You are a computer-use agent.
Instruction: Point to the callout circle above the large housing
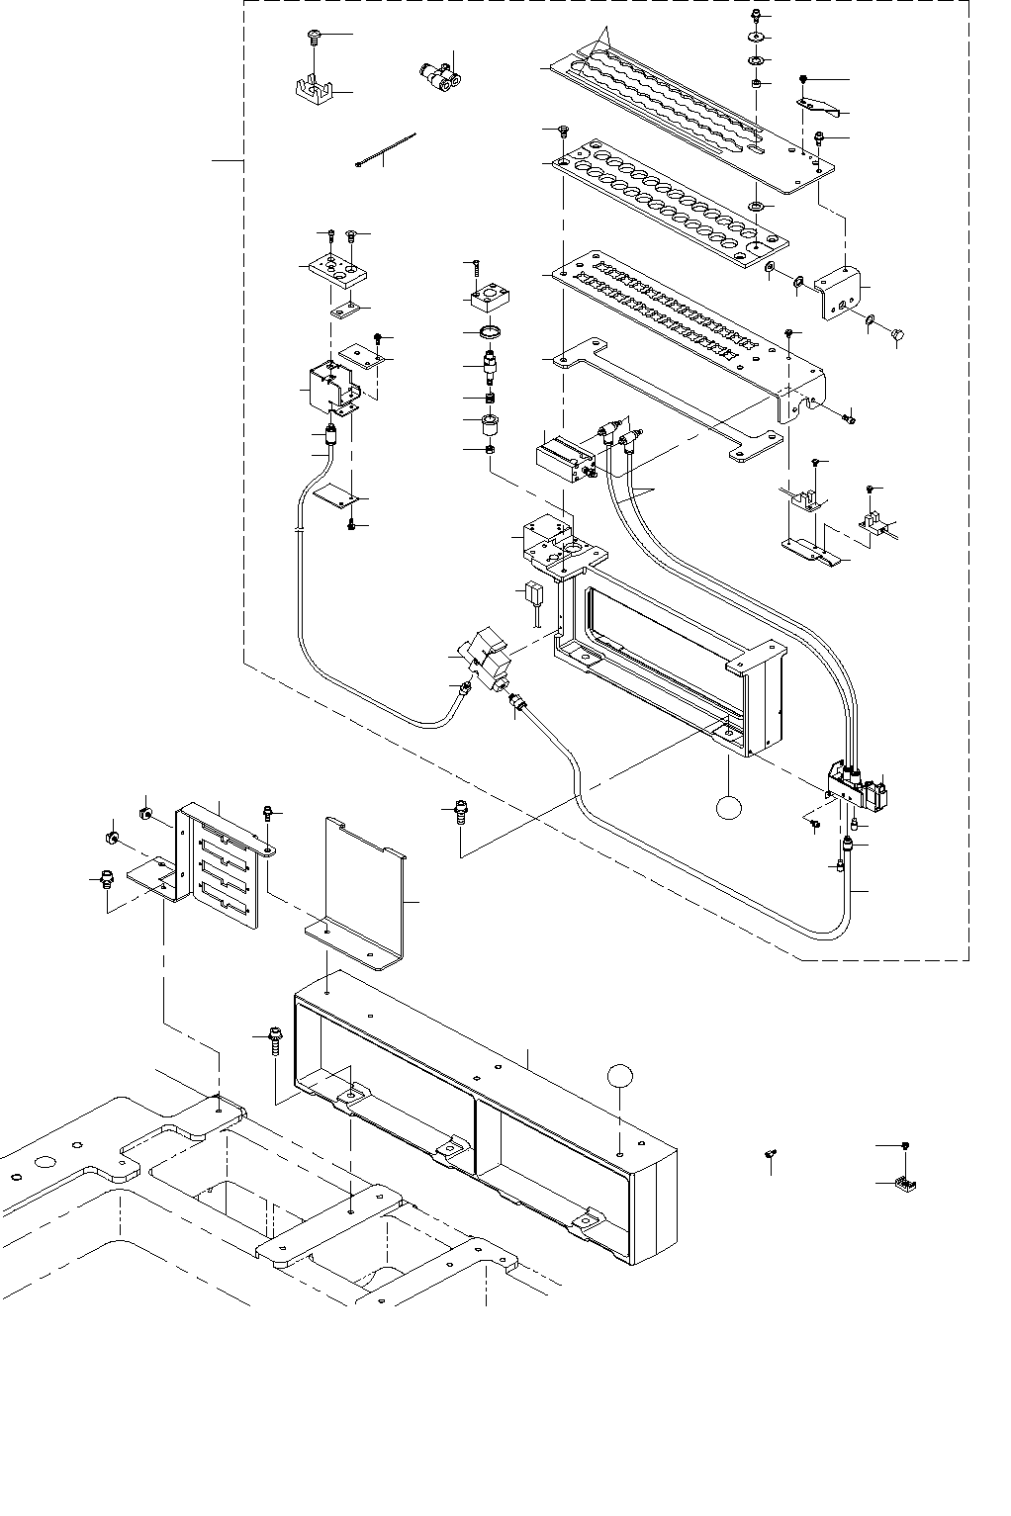tap(620, 1078)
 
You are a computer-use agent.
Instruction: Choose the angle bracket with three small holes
tap(840, 292)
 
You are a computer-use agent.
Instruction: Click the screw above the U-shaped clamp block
tap(313, 37)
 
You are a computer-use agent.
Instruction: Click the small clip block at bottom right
tap(901, 1182)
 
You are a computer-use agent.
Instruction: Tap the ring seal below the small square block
tap(490, 330)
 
